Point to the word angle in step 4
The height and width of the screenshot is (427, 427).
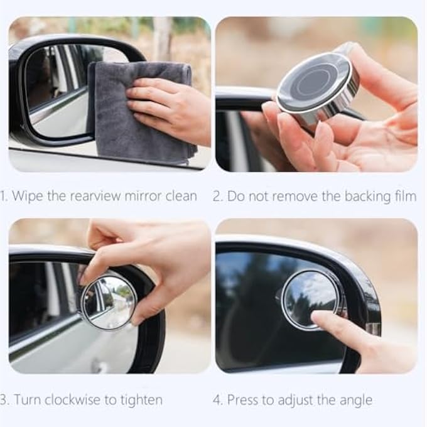tap(356, 401)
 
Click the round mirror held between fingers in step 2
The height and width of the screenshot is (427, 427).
tap(318, 88)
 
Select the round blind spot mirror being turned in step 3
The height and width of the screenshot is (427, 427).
tap(109, 302)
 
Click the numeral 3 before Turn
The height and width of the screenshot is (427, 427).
tap(3, 401)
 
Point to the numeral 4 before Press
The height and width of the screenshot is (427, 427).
tap(217, 401)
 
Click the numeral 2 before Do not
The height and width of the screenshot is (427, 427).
tap(217, 197)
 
